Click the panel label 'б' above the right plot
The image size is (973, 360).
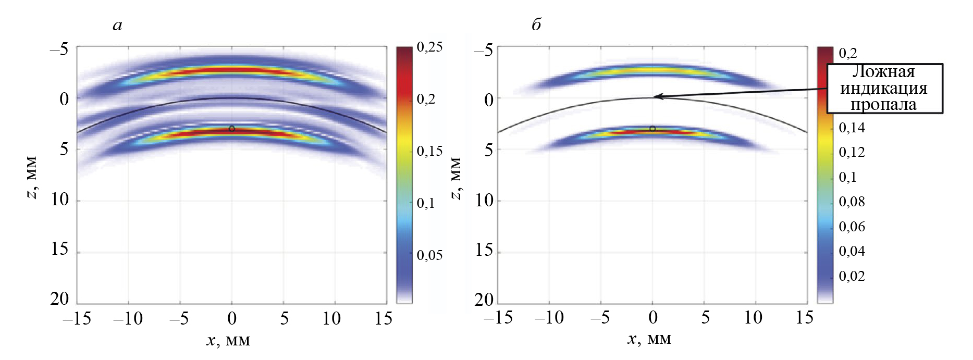pos(536,24)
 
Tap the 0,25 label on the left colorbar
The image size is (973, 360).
pos(429,47)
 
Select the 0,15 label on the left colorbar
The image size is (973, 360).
pos(429,152)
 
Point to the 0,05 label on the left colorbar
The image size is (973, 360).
pos(429,255)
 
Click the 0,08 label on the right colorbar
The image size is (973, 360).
pos(852,202)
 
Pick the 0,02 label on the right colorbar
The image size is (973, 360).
pos(852,276)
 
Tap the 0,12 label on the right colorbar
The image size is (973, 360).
pos(852,152)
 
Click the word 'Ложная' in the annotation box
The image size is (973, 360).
pos(883,72)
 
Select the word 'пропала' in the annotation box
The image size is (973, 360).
pos(883,105)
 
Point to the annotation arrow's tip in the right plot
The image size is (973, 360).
pos(655,96)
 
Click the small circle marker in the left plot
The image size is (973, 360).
pos(232,129)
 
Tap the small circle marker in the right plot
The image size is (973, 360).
pos(652,129)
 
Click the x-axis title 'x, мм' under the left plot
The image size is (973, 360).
pos(228,341)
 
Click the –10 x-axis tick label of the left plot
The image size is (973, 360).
pos(128,318)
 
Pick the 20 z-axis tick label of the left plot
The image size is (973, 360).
pos(59,299)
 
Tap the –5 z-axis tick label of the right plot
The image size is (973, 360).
pos(483,50)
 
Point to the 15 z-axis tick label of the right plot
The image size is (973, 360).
pos(484,250)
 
